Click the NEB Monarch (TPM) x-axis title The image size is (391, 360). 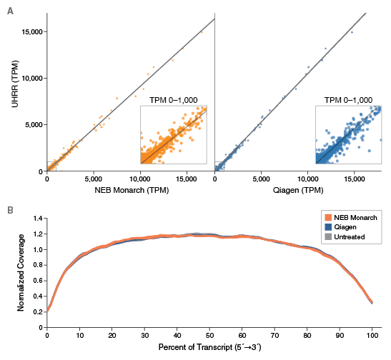(x=130, y=191)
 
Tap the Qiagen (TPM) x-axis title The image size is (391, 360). (x=298, y=191)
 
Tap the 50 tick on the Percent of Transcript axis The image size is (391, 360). (x=209, y=336)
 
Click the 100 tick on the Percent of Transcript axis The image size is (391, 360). (x=371, y=336)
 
